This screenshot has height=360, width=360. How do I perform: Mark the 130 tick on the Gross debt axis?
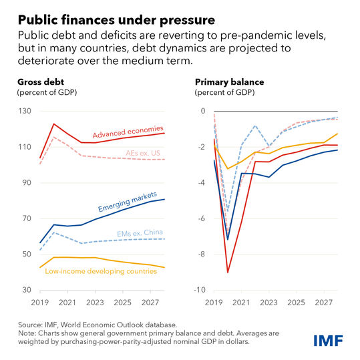25,111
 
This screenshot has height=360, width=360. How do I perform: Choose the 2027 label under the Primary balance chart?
323,302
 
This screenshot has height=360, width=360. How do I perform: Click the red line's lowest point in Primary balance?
228,273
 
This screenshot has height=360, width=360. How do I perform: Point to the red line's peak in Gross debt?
53,124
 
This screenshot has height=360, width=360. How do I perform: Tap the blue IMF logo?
329,341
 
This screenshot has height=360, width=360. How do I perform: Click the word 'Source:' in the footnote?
29,324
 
